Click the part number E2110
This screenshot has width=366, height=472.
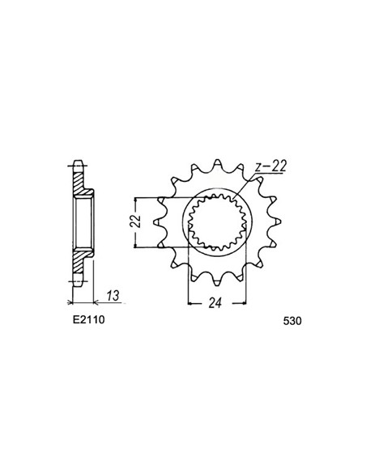88,319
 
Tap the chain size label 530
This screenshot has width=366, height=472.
292,321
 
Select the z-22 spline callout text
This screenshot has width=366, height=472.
270,167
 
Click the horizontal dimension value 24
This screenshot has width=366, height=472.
215,303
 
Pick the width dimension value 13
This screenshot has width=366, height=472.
113,296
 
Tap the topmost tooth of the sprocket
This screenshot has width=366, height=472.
217,164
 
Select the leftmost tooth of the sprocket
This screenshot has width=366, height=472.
159,221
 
